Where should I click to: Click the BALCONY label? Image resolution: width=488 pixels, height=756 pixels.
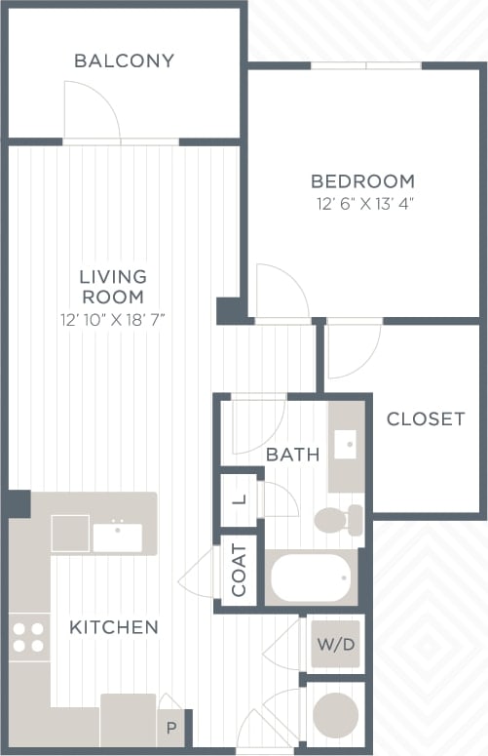[x=124, y=60]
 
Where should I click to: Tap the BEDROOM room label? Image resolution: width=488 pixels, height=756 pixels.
[x=362, y=181]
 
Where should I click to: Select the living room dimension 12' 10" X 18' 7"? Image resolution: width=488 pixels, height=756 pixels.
[x=112, y=319]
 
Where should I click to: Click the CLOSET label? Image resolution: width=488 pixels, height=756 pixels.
[x=426, y=419]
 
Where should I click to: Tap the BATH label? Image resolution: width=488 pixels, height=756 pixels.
[x=292, y=454]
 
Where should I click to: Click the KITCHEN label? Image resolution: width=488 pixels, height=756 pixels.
[x=113, y=627]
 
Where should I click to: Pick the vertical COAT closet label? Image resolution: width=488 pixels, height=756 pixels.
[x=240, y=570]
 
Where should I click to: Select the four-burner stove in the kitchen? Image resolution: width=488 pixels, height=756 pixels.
[x=28, y=637]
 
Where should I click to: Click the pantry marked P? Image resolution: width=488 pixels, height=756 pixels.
[x=169, y=727]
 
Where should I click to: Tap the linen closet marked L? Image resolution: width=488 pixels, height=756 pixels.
[x=240, y=499]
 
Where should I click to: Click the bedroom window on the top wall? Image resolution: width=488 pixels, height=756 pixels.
[x=366, y=65]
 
